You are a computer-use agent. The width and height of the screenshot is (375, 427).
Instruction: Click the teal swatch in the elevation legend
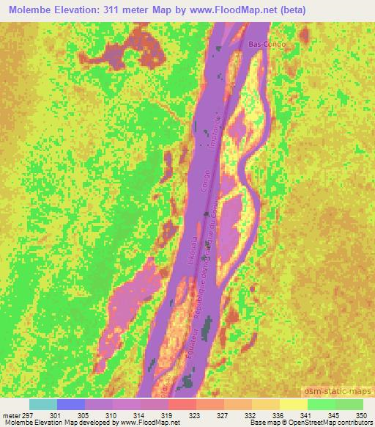(x=43, y=404)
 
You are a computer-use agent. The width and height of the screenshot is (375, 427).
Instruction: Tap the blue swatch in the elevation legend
(x=71, y=404)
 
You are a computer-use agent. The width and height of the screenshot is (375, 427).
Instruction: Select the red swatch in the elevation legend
(x=182, y=404)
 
